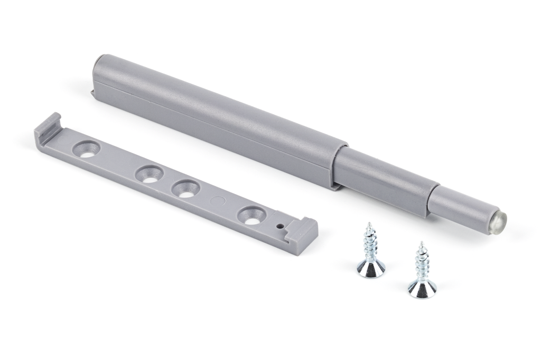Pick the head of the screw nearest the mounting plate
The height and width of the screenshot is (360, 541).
(x=371, y=269)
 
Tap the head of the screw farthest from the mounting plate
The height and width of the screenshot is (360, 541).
(x=422, y=289)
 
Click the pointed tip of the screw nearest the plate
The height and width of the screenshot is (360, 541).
(x=369, y=224)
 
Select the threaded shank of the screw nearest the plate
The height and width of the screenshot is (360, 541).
(x=370, y=243)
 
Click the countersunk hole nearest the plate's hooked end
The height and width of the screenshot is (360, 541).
(x=86, y=150)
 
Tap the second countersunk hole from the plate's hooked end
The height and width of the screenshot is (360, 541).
(x=150, y=175)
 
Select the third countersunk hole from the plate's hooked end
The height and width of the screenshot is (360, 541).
(x=186, y=189)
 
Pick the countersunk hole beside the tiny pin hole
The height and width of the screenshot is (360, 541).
(x=251, y=216)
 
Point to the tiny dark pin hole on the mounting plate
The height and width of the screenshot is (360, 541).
(x=280, y=225)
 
